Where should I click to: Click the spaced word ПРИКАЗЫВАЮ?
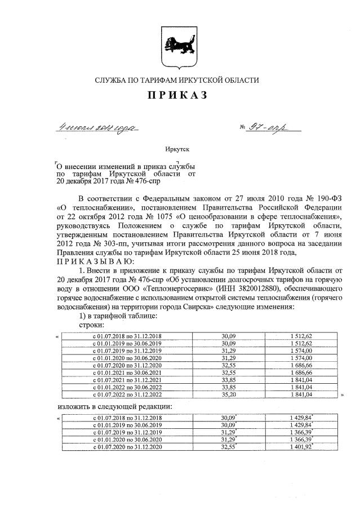pos(95,261)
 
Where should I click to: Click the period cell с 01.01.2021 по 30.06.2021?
pos(127,372)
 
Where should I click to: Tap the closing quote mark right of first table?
pos(342,396)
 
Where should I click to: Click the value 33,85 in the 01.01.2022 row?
pos(228,388)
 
